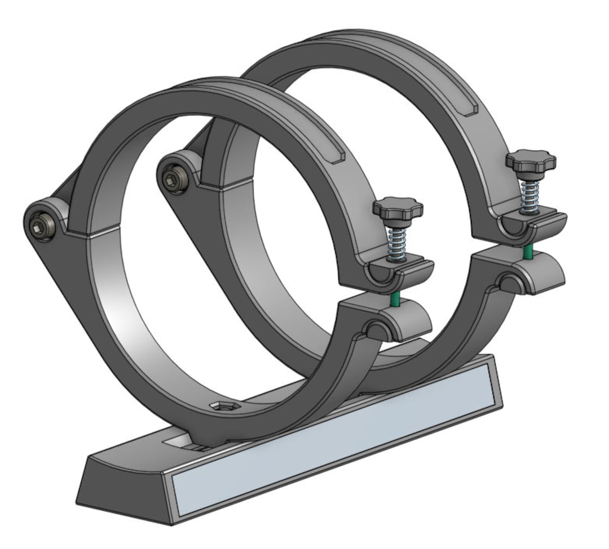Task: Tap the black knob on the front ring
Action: pyautogui.click(x=397, y=209)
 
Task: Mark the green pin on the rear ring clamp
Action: pyautogui.click(x=527, y=252)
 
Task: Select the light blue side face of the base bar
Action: pyautogui.click(x=333, y=445)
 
